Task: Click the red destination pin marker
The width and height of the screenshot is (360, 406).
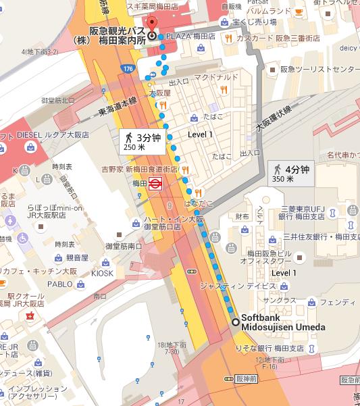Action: [153, 34]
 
